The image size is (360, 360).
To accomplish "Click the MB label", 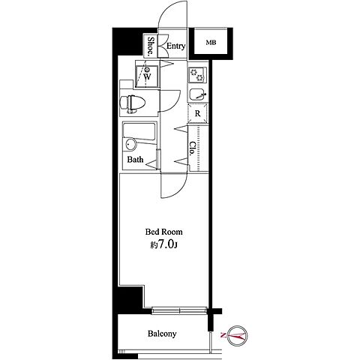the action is (x=211, y=43).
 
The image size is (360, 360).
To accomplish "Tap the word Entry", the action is (x=175, y=46).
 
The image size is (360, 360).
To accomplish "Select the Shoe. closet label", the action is (x=151, y=46).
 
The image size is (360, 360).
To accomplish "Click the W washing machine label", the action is (x=147, y=76).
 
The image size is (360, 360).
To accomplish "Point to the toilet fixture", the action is (x=133, y=103).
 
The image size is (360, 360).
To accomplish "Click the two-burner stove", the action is (x=197, y=75).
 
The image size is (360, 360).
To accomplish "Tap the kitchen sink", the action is (x=197, y=94).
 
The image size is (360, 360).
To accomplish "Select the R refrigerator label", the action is (x=198, y=114).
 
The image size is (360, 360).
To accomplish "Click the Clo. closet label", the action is (x=193, y=149).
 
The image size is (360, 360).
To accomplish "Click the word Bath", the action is (x=135, y=160).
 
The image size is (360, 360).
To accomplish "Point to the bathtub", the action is (x=139, y=133).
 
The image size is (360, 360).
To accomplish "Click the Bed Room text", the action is (x=164, y=232).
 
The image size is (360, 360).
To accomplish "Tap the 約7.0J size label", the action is (x=163, y=245).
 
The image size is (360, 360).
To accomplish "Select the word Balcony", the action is (x=162, y=334).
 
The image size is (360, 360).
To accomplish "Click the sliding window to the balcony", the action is (x=180, y=310).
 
